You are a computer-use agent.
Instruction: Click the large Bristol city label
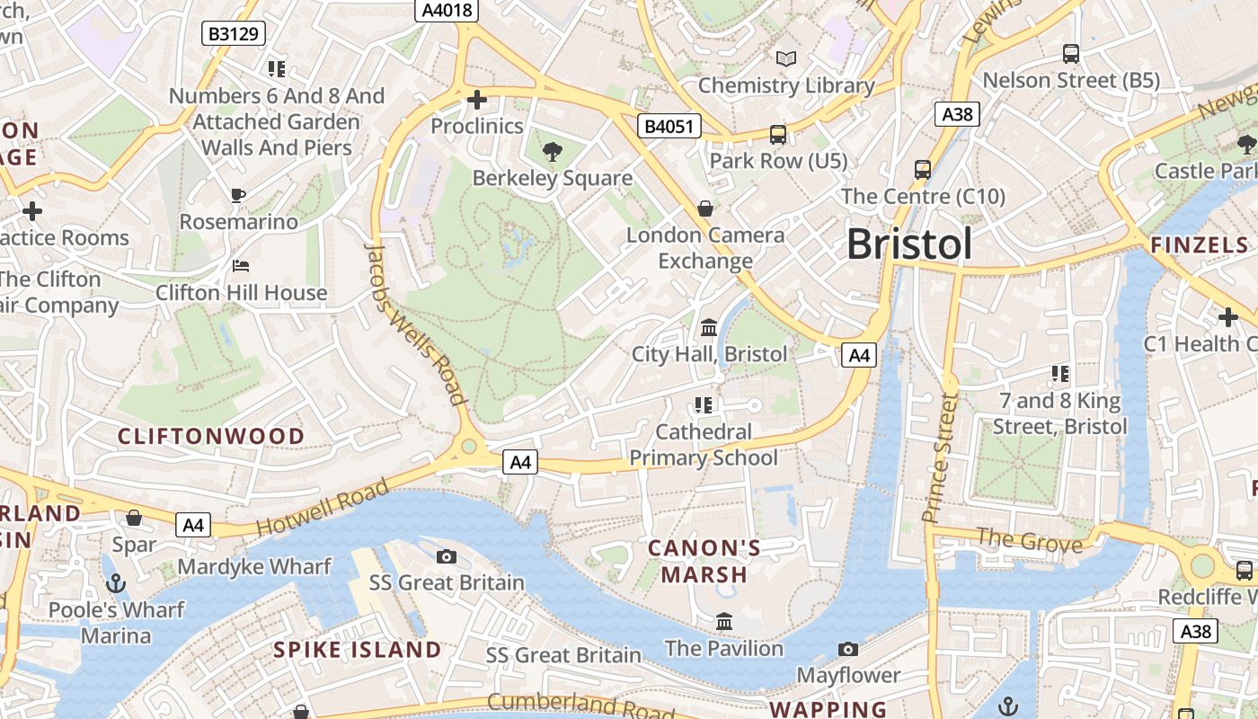909,244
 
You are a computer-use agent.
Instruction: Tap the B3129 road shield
233,34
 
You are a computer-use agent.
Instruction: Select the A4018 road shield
447,10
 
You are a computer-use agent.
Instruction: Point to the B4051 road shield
669,126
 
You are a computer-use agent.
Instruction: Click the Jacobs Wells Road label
417,324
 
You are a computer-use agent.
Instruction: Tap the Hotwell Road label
323,508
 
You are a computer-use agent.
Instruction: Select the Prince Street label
941,457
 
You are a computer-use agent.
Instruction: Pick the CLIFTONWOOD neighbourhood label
211,437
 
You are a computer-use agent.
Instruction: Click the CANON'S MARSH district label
704,561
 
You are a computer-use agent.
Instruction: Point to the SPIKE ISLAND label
358,650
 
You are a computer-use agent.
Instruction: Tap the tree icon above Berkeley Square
553,152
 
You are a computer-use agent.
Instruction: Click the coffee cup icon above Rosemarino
238,195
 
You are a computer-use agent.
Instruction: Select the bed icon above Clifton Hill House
240,266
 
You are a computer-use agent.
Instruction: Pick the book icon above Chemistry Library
786,59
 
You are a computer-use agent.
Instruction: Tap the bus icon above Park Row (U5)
778,135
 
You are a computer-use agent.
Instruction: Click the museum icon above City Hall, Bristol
709,327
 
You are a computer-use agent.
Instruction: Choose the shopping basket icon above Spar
134,518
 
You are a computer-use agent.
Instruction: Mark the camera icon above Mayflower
847,649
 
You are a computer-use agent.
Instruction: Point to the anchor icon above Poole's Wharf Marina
116,584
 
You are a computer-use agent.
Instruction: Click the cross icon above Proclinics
476,99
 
